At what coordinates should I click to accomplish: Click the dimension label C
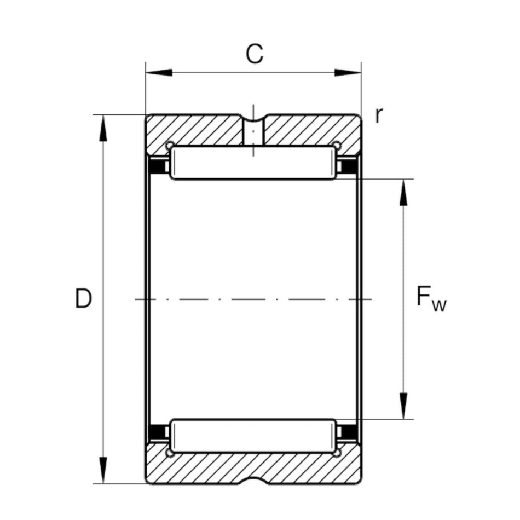(x=254, y=54)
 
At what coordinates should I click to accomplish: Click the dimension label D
(x=83, y=299)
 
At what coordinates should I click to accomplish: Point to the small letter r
(x=378, y=115)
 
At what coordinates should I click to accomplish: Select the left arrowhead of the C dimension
(x=159, y=72)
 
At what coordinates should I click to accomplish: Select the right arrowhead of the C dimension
(x=348, y=72)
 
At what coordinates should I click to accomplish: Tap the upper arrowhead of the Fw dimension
(x=403, y=192)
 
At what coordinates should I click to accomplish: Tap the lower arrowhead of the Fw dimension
(x=403, y=406)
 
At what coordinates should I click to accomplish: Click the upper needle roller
(x=253, y=163)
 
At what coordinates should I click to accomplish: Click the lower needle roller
(x=253, y=436)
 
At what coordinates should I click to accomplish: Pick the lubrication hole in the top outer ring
(x=253, y=131)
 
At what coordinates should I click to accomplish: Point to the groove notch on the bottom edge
(x=253, y=481)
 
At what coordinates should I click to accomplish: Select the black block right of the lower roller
(x=346, y=432)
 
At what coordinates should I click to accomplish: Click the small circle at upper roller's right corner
(x=337, y=146)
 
